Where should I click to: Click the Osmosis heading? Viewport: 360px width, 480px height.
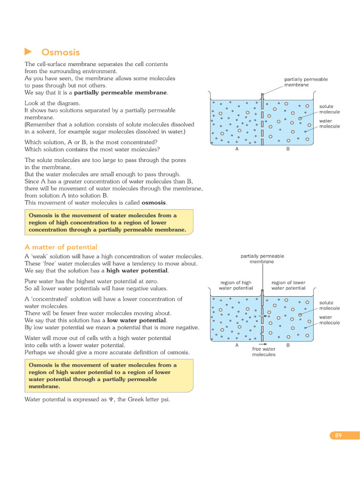click(x=60, y=52)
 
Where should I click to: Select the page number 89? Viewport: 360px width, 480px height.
click(x=338, y=435)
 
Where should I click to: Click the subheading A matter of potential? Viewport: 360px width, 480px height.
click(x=60, y=247)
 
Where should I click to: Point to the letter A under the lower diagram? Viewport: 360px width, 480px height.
click(x=237, y=345)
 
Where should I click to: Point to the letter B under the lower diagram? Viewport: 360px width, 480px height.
click(x=288, y=345)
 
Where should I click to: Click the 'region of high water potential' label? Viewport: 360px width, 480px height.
click(x=236, y=285)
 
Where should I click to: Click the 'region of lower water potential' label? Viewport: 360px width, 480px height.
click(x=288, y=285)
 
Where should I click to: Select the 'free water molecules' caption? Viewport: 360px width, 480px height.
click(x=263, y=352)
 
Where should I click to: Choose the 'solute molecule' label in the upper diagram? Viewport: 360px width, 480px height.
click(x=330, y=109)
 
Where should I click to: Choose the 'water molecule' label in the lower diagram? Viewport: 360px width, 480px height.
click(x=330, y=320)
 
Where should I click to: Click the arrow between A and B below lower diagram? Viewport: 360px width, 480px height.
click(x=263, y=345)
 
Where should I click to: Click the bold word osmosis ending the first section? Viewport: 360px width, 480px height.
click(x=154, y=202)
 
